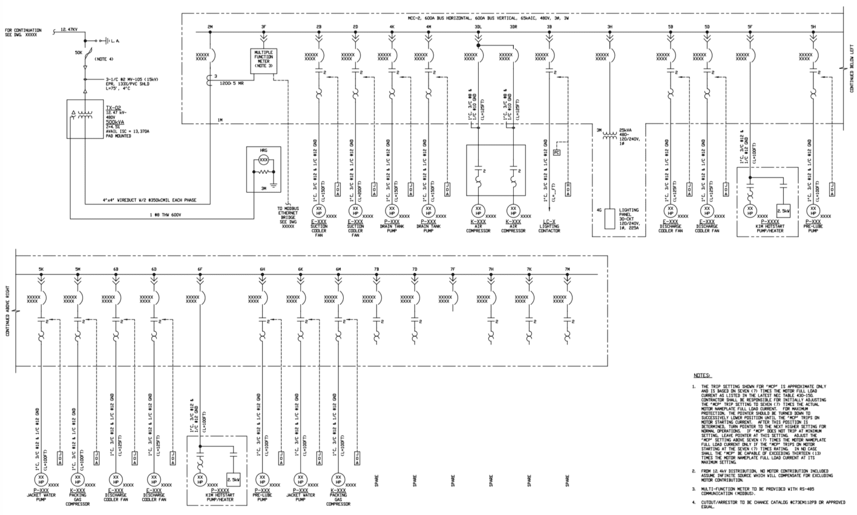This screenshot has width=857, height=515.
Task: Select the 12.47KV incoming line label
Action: [x=69, y=28]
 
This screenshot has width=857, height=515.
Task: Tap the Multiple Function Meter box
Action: [x=263, y=59]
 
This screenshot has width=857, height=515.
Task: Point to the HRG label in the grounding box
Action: [x=263, y=151]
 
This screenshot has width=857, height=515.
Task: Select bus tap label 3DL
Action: [x=478, y=26]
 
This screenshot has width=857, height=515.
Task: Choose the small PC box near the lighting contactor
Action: [x=556, y=152]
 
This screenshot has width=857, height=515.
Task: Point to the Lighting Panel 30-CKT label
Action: [x=629, y=217]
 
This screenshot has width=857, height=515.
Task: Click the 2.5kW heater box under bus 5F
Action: [x=783, y=211]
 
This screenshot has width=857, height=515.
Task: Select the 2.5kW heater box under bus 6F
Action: [x=233, y=479]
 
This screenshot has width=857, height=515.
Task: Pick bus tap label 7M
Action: [x=567, y=269]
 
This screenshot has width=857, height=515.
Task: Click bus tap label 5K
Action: [x=41, y=269]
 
